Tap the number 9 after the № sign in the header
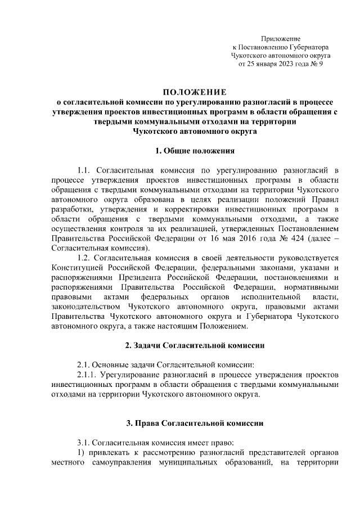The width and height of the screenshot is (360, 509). [x=319, y=64]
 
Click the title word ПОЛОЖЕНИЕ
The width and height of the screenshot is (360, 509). [x=194, y=92]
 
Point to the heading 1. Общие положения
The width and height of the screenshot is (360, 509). [x=194, y=151]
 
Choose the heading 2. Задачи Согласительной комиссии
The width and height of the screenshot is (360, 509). [x=194, y=344]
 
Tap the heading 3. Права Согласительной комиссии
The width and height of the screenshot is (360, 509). [x=194, y=422]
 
